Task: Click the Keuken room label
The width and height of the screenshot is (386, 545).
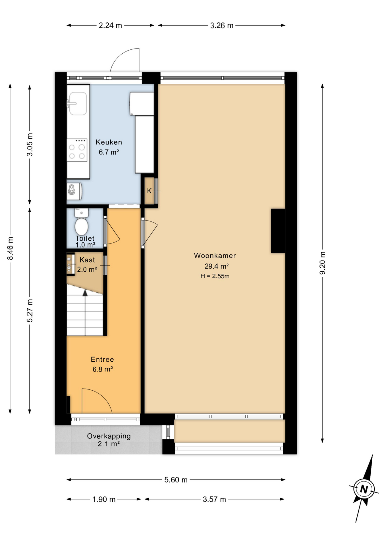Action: pos(109,142)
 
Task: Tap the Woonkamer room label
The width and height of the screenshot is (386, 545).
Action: pos(215,255)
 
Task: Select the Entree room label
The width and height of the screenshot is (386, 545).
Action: pos(102,359)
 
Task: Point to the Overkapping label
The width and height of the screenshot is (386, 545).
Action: pos(109,436)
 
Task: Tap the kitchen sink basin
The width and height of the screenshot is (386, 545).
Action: pos(78,104)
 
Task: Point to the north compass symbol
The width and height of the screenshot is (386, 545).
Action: pos(364,489)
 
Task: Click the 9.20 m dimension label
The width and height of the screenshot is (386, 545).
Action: pos(322,263)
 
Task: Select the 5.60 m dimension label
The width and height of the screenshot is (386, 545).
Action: pos(176,480)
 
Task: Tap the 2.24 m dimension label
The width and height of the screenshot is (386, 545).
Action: pos(110,26)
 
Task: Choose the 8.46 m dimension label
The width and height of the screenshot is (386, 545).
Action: pos(10,248)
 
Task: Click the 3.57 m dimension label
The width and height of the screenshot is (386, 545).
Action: pos(214,499)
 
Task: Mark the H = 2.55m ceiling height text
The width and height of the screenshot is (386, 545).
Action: pos(215,276)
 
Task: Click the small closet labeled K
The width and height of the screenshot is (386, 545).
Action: pos(150,191)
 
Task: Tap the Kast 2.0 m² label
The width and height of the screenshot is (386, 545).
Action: pos(87,265)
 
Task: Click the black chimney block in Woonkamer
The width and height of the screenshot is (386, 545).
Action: pos(278,231)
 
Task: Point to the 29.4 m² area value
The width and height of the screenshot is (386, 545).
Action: pos(217,266)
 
